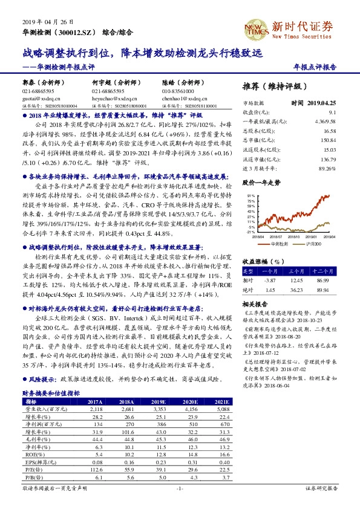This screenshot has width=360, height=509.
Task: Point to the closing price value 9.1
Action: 332,112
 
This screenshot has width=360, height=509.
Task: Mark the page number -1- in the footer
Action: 180,504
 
